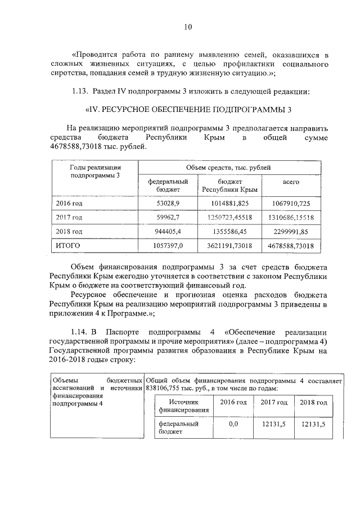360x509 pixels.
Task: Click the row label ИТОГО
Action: [x=67, y=246]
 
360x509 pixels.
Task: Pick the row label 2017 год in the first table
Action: [x=70, y=217]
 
